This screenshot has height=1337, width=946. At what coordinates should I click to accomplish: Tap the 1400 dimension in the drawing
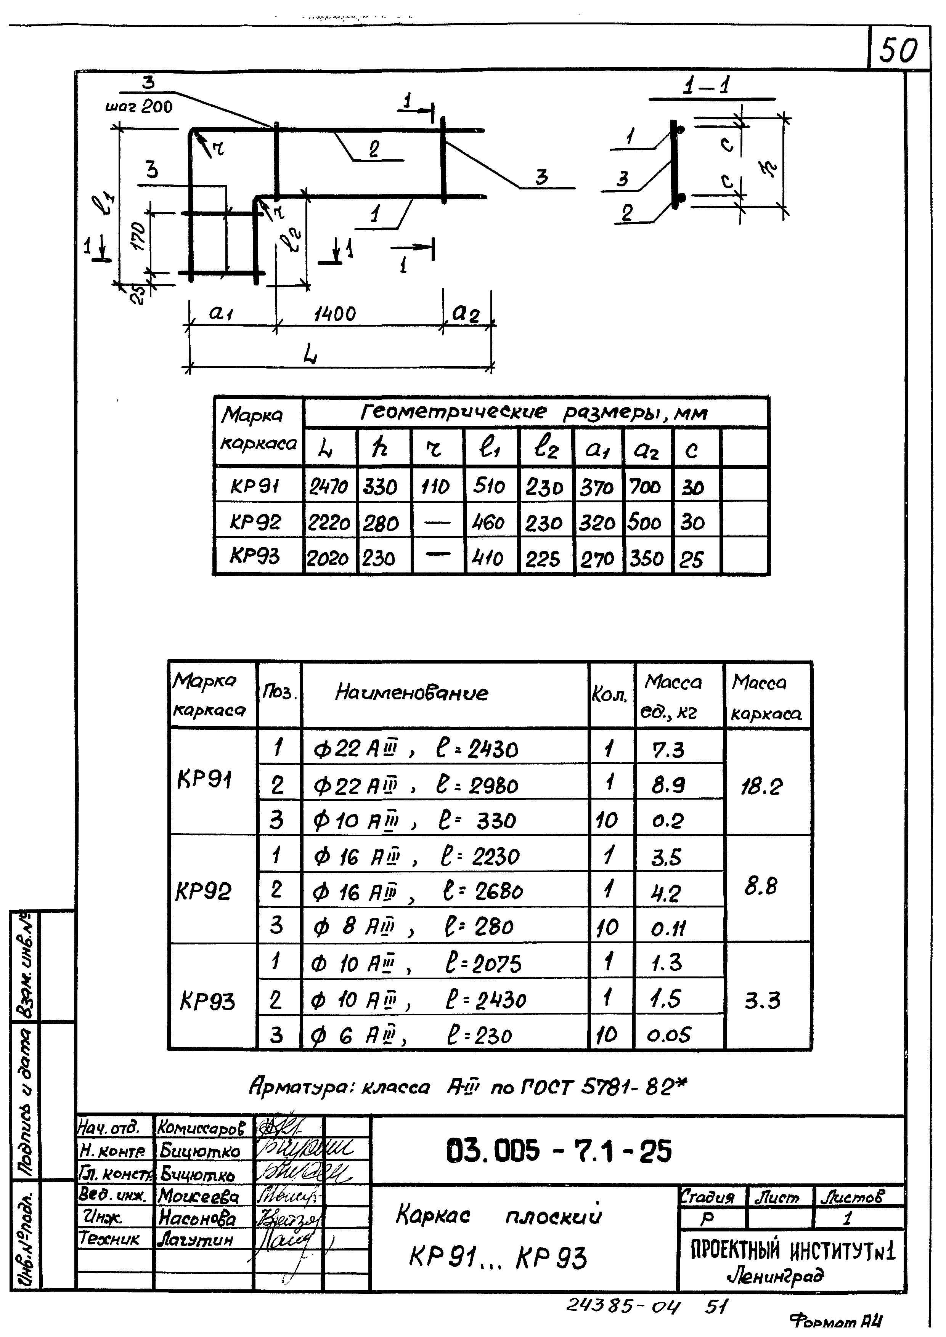334,314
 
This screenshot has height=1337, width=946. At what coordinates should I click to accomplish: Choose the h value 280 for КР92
381,523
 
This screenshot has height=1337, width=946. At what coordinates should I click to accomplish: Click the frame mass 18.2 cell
762,787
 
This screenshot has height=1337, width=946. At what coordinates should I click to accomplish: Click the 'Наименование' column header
412,693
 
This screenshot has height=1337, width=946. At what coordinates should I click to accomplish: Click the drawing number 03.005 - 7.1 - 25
559,1152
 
